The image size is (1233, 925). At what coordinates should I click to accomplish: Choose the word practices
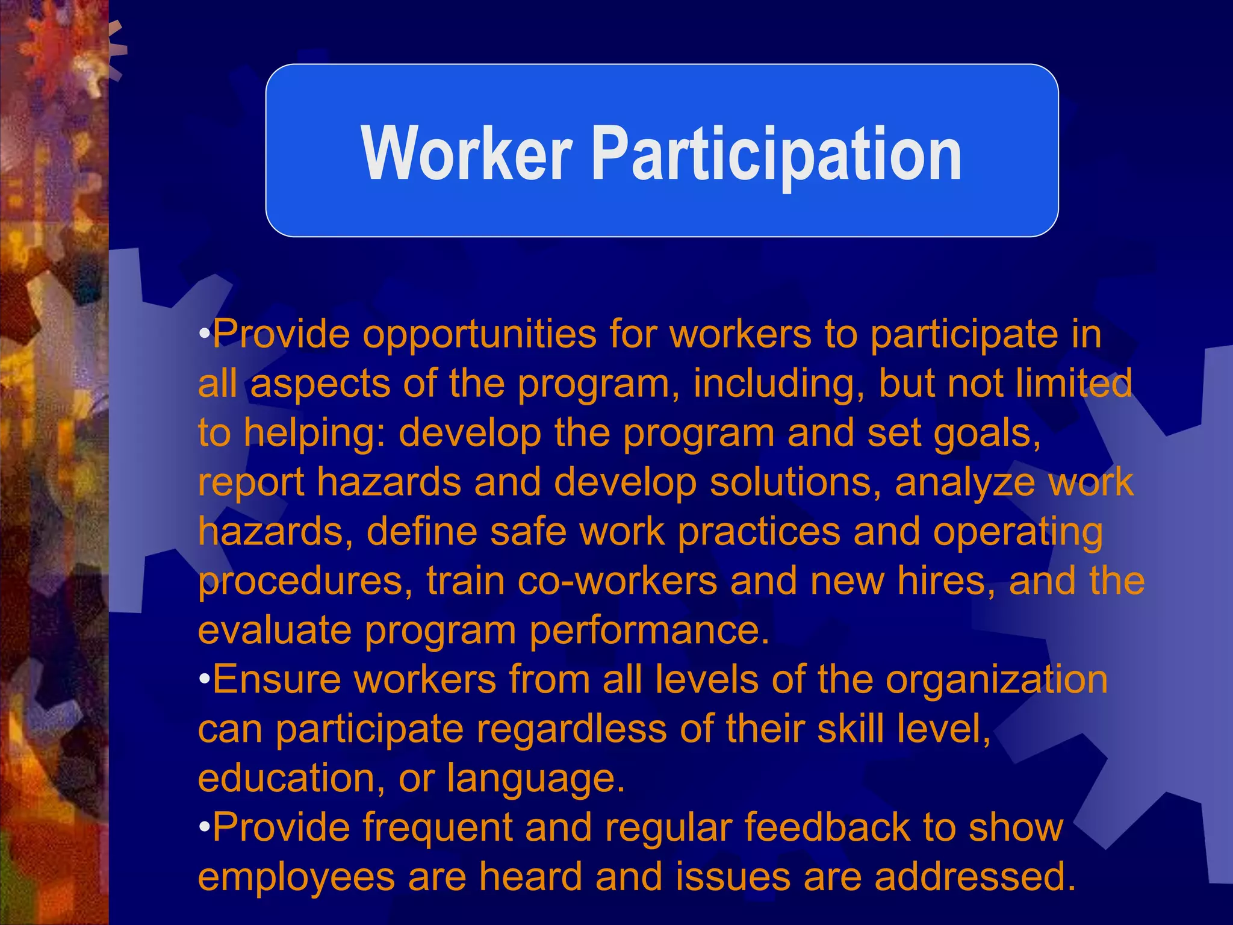click(759, 532)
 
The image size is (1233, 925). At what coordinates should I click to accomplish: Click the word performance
click(649, 631)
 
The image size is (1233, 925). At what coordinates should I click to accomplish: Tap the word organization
click(996, 680)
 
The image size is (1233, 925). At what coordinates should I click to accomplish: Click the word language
click(535, 779)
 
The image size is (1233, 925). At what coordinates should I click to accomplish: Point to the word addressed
click(975, 877)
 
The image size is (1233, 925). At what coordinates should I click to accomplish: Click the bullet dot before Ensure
click(205, 679)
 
